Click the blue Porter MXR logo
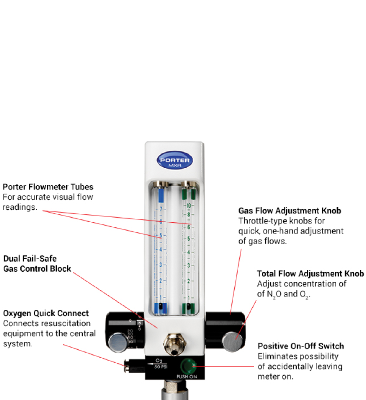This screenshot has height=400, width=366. [174, 161]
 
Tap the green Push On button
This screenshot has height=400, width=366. [188, 366]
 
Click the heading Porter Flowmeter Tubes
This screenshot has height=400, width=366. [48, 187]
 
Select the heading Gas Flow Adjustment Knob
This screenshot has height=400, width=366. [290, 211]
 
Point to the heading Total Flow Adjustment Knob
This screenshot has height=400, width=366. [310, 274]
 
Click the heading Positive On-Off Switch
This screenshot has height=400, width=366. [300, 346]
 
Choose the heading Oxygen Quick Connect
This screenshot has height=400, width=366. [46, 313]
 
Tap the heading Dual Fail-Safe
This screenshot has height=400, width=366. [30, 259]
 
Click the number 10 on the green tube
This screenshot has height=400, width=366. [189, 206]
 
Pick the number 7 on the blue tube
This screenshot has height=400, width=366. [161, 209]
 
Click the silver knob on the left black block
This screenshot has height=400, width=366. [119, 342]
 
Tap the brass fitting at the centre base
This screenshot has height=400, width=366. [174, 344]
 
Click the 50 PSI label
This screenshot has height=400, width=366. [161, 367]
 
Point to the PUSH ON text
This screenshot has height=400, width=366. [187, 377]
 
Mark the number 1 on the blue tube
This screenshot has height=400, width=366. [161, 297]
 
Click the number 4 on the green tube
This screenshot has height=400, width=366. [189, 252]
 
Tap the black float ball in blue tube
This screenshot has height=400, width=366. [160, 306]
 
